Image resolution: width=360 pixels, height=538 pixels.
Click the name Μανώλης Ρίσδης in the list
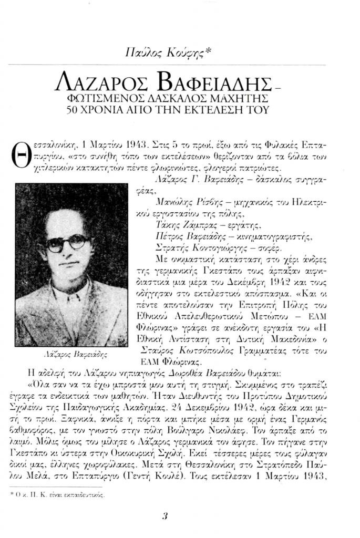(182, 201)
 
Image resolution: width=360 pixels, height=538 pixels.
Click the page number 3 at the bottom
(164, 515)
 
